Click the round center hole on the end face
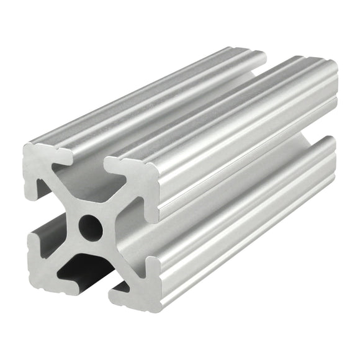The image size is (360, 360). (x=91, y=227)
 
